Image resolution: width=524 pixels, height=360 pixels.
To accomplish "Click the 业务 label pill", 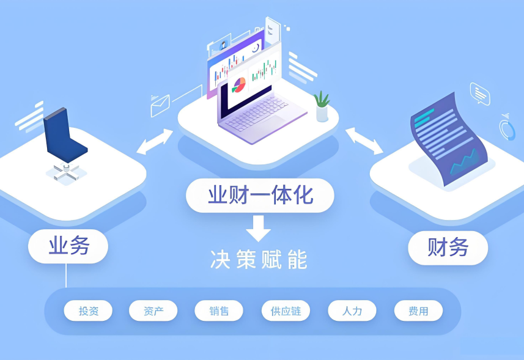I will (68, 246).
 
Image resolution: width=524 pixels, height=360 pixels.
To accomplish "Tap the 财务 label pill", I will (448, 248).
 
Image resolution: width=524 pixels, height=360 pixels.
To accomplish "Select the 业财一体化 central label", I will (260, 195).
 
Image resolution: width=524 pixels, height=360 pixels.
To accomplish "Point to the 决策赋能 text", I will (259, 260).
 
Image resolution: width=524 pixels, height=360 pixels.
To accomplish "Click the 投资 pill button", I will (88, 311).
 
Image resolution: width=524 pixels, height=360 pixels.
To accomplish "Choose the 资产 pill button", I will (153, 311).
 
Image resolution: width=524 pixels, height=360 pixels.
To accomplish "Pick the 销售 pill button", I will (218, 311).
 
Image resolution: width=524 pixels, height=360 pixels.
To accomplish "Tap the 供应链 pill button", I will (286, 311).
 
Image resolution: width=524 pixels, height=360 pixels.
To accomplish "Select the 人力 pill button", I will (352, 311).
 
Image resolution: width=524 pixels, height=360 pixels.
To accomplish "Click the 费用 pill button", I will (418, 311).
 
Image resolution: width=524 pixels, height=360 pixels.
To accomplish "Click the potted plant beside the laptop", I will (322, 106).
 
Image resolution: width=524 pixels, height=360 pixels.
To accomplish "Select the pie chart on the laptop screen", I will (238, 84).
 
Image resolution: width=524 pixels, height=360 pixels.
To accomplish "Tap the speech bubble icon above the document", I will (479, 93).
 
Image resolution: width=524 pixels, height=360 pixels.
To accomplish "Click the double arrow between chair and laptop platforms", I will (155, 141).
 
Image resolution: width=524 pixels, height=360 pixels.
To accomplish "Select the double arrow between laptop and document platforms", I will (364, 141).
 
